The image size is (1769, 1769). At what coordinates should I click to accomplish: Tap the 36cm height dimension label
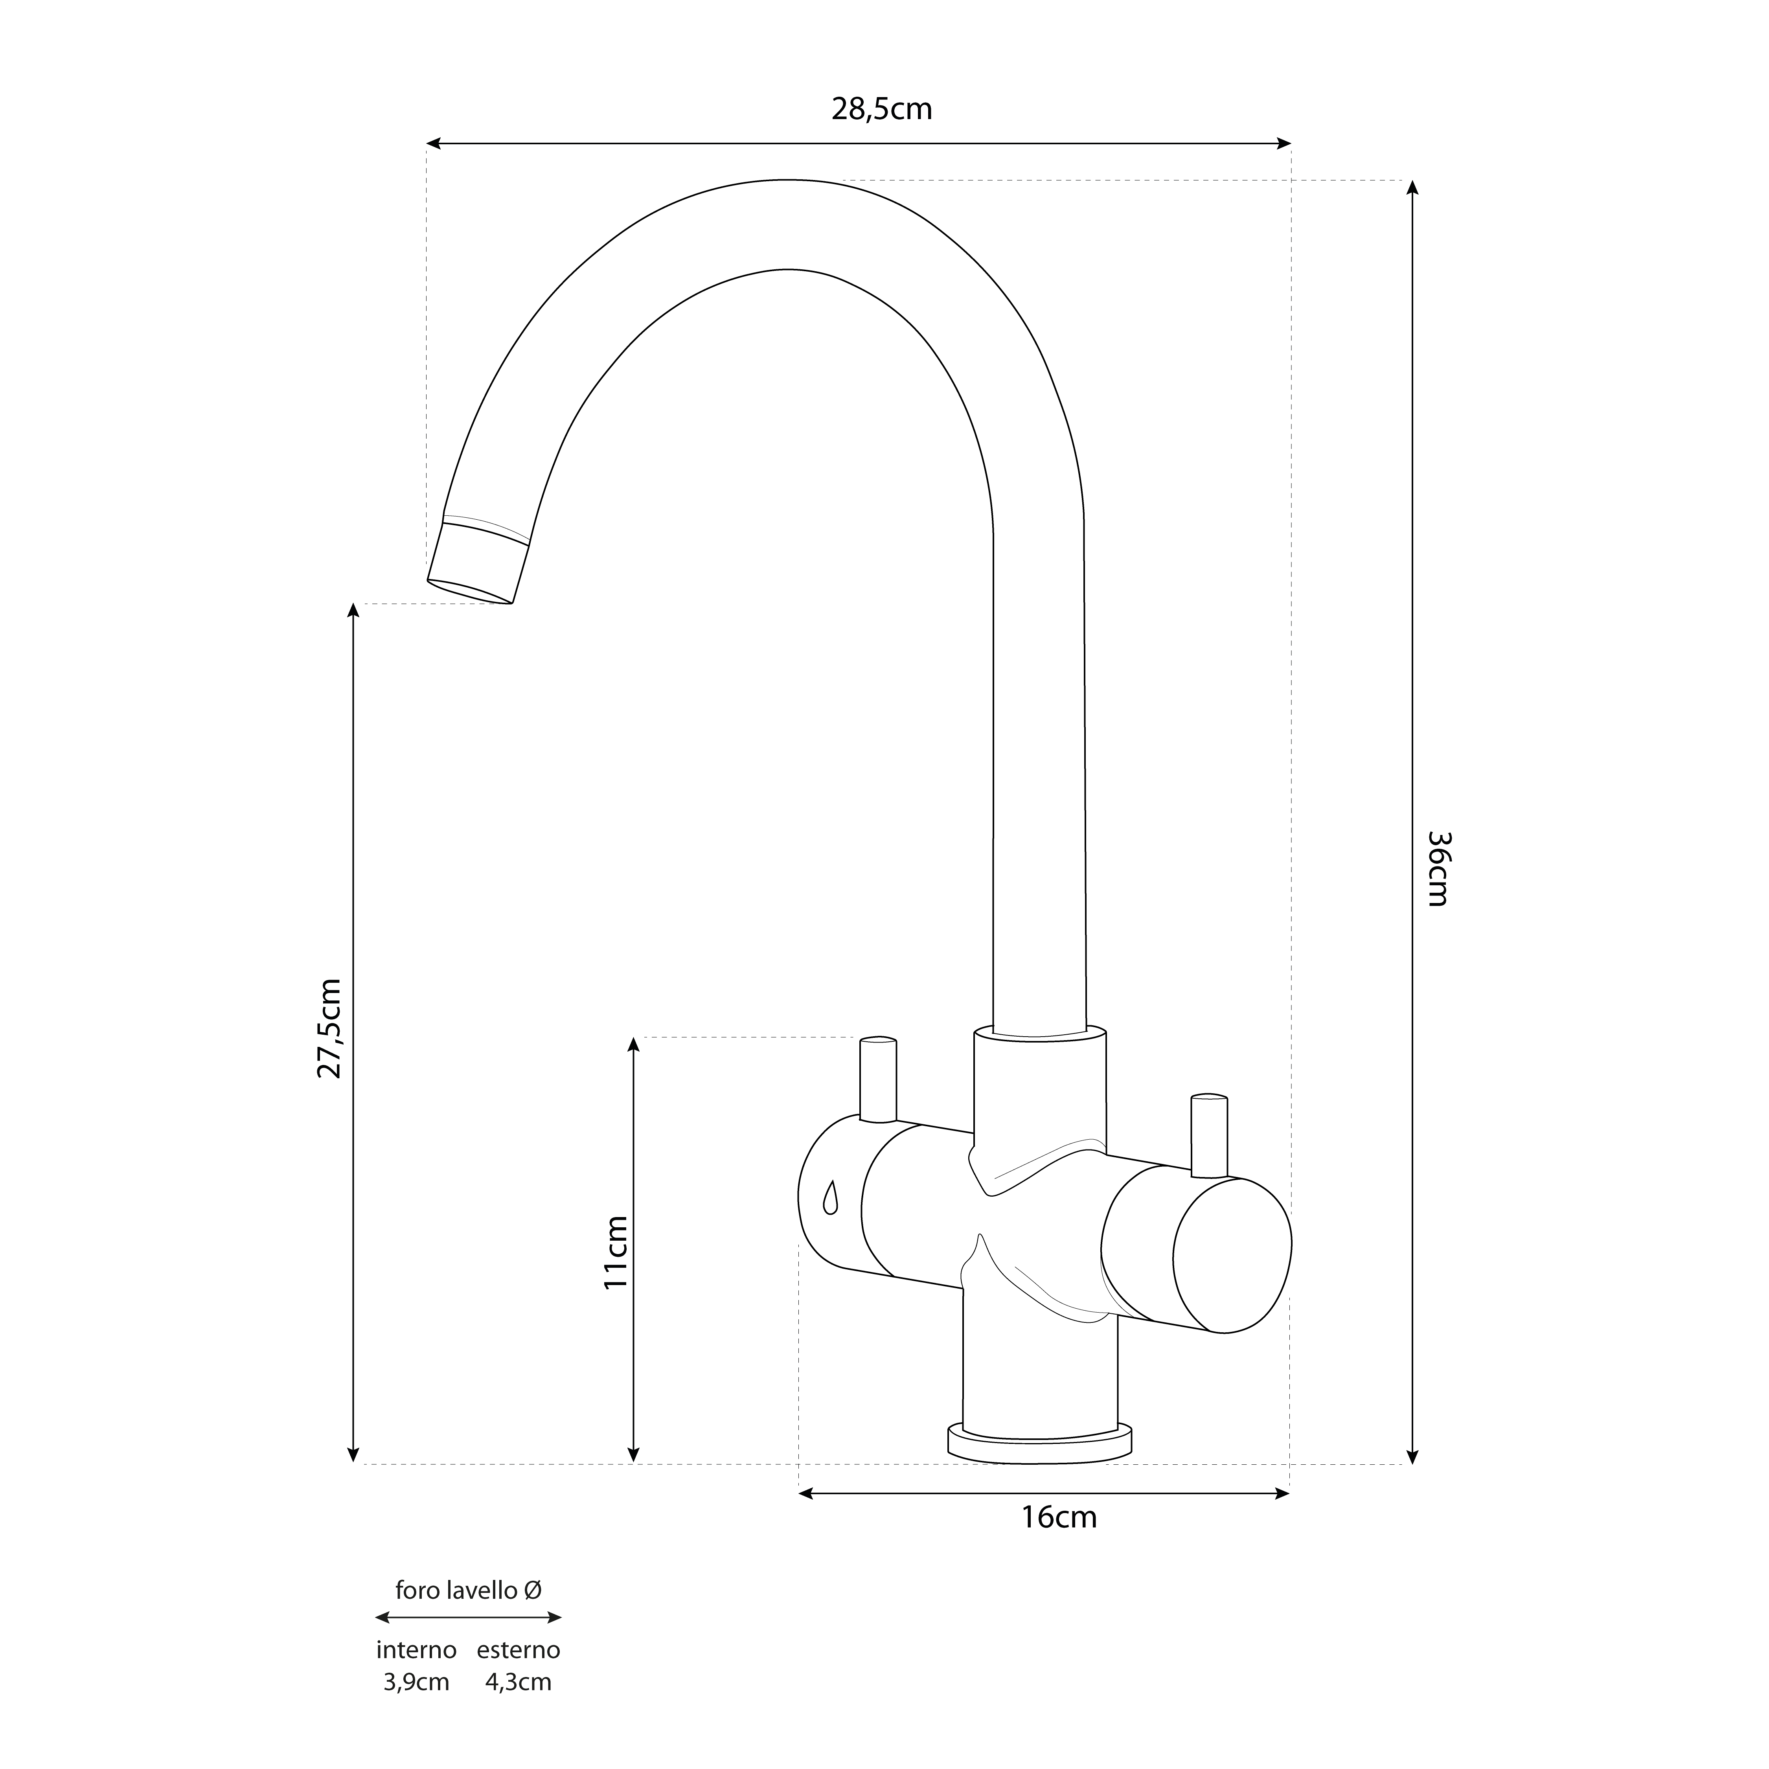(1438, 868)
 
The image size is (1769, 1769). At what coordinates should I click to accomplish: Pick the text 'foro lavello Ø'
(468, 1591)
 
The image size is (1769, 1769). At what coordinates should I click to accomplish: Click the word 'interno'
(417, 1650)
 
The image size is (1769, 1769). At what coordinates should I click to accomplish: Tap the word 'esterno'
(518, 1650)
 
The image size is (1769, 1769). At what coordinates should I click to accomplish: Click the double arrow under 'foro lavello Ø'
(468, 1618)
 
